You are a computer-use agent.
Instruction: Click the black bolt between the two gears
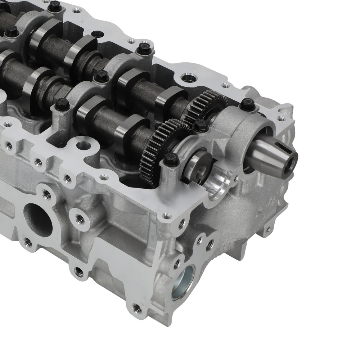[x=200, y=126]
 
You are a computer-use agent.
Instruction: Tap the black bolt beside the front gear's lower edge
[x=171, y=159]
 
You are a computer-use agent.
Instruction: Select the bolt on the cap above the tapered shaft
[x=247, y=104]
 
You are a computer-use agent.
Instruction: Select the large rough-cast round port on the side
[x=37, y=220]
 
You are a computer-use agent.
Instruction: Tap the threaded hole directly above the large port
[x=46, y=194]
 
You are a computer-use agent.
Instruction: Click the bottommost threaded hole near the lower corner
[x=136, y=307]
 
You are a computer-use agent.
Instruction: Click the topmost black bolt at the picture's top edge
[x=55, y=5]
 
